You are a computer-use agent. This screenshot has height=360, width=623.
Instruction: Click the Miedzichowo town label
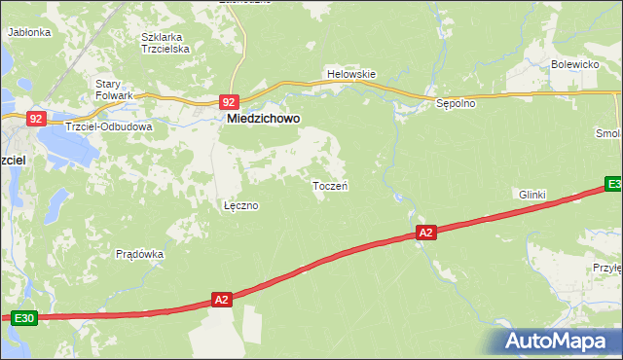click(x=263, y=119)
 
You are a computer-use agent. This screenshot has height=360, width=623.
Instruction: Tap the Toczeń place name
click(x=330, y=186)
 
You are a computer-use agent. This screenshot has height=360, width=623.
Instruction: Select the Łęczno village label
click(x=240, y=206)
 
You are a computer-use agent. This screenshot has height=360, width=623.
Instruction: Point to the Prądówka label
click(x=139, y=254)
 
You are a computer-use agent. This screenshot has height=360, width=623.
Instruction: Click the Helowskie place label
click(x=350, y=74)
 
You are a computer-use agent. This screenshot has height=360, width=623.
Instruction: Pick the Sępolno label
click(x=455, y=103)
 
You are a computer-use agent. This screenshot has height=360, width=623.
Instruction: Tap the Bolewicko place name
click(x=573, y=64)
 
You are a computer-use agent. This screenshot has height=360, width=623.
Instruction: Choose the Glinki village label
click(x=532, y=195)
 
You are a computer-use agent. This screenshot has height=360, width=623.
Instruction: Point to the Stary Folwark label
click(x=114, y=90)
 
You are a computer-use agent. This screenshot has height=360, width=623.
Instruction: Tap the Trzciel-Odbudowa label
click(x=108, y=126)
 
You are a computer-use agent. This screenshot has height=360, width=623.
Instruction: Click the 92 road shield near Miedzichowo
click(x=229, y=101)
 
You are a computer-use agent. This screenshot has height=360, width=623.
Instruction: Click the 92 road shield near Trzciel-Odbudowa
click(x=36, y=118)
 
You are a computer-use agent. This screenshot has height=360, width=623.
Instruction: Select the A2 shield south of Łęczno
click(x=221, y=301)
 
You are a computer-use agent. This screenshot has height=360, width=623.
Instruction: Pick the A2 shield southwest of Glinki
click(x=425, y=233)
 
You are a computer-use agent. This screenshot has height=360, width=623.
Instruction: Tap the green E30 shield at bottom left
click(x=23, y=318)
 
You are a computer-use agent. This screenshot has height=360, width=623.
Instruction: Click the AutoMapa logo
click(x=556, y=342)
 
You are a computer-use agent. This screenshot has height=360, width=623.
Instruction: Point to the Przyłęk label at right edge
click(x=606, y=268)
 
